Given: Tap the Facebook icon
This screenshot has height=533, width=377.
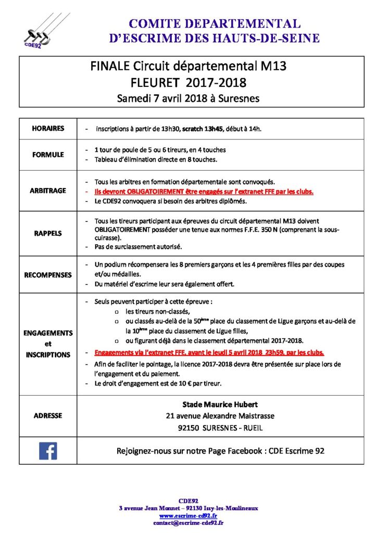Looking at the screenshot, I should (x=48, y=450).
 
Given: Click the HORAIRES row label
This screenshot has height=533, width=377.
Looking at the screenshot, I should (x=48, y=128).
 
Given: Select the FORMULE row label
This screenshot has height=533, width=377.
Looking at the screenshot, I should (x=48, y=155).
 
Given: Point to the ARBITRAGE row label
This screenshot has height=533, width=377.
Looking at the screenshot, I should (x=48, y=191).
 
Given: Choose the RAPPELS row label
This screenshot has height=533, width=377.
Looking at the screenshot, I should (x=48, y=233).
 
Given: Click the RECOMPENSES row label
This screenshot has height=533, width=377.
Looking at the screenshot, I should (x=48, y=275).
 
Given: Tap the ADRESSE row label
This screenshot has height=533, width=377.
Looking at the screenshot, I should (x=48, y=415).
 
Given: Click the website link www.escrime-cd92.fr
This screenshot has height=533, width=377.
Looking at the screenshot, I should (x=188, y=515).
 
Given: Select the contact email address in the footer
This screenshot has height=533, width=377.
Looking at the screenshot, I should (x=188, y=522).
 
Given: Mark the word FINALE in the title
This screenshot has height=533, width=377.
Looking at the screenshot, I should (x=110, y=66).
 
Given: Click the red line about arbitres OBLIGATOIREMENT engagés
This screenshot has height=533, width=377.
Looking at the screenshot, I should (x=204, y=192).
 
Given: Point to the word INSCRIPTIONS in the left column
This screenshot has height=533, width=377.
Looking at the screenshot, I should (x=48, y=354).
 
